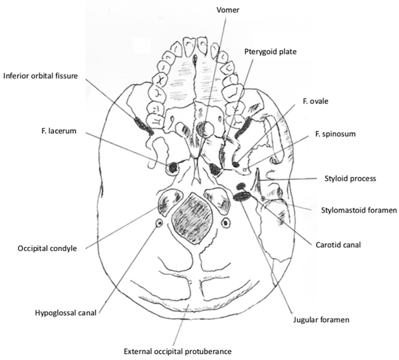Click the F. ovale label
pyautogui.click(x=315, y=101)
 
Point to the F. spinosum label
pyautogui.click(x=326, y=134)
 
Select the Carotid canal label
pyautogui.click(x=338, y=245)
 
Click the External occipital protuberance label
pyautogui.click(x=178, y=351)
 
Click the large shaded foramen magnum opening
pyautogui.click(x=193, y=216)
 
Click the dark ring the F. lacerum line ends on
pyautogui.click(x=173, y=169)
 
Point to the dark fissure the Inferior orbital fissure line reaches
pyautogui.click(x=143, y=126)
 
